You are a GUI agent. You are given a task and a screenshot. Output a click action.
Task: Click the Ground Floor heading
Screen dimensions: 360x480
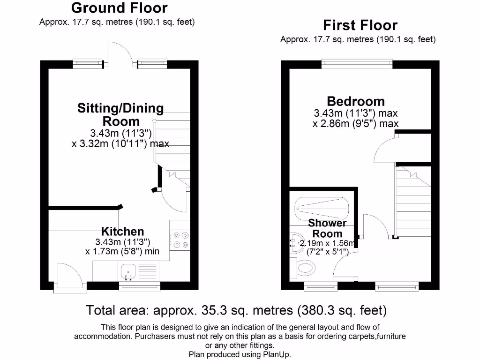[x=119, y=8]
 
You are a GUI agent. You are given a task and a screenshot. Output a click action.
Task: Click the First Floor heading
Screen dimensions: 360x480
[x=360, y=25]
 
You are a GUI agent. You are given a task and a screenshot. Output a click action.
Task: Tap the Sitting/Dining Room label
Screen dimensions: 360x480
[x=120, y=114]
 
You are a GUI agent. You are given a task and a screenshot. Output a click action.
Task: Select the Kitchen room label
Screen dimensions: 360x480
[x=122, y=231]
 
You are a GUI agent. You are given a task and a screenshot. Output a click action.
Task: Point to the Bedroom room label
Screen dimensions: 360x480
[x=356, y=101]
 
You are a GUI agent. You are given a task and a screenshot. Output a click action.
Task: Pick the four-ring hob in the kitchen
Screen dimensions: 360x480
[x=180, y=240]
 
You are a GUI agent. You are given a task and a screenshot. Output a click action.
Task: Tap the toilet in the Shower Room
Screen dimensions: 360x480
[x=305, y=268]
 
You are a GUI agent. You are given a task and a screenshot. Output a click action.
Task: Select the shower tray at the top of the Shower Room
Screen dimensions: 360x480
[x=322, y=206]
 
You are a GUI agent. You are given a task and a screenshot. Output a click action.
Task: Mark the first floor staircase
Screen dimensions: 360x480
[x=413, y=202]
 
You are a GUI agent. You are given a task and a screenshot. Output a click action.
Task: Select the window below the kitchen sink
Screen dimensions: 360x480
[x=139, y=285]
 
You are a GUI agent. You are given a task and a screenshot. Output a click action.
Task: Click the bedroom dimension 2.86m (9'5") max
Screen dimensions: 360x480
[x=356, y=124]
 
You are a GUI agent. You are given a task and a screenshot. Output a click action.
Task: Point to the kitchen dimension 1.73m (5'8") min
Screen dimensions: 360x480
[x=122, y=251]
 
